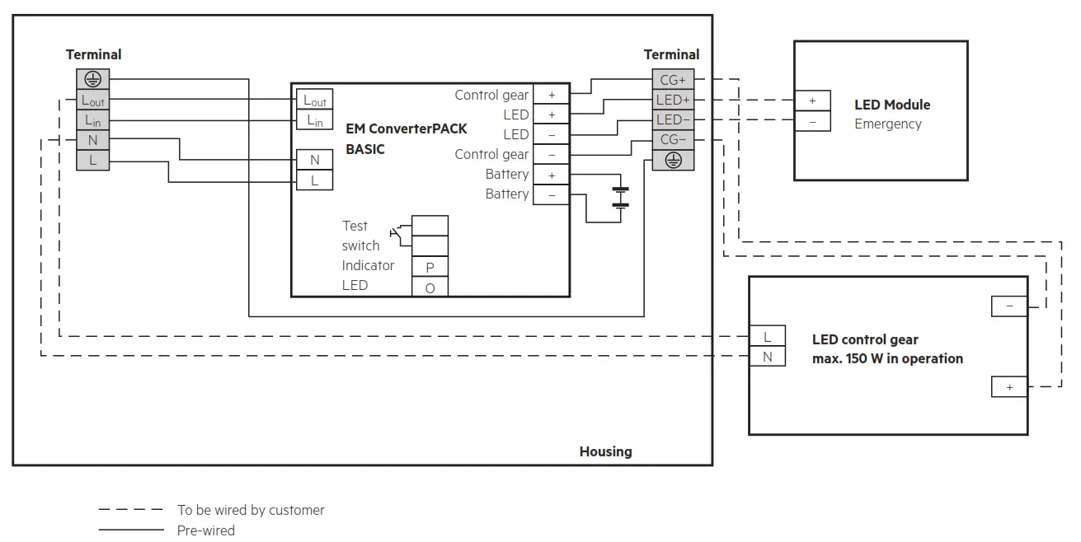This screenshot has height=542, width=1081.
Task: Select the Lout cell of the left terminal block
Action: point(92,100)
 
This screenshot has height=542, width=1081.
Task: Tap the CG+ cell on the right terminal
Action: point(673,80)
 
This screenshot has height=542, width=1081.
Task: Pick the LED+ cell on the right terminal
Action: point(673,100)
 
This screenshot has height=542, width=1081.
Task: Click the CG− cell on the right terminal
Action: point(673,140)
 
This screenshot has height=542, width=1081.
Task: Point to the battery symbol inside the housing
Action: point(620,198)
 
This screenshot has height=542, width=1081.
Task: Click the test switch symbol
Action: point(401,234)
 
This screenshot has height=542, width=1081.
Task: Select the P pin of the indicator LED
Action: point(430,267)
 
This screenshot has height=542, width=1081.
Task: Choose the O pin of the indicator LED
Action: point(430,287)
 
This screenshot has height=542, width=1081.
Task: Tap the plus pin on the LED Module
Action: point(812,100)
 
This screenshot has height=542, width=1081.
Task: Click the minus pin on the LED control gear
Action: point(1009,306)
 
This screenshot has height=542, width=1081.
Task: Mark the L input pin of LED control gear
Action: point(767,337)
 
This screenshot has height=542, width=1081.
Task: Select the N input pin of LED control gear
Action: point(767,357)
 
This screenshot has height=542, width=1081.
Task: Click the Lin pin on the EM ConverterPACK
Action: point(314,120)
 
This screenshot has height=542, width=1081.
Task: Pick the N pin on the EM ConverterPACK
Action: point(314,160)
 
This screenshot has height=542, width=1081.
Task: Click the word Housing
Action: point(605,451)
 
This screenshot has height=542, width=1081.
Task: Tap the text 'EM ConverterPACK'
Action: point(406,129)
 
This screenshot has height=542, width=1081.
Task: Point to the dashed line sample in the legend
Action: point(131,510)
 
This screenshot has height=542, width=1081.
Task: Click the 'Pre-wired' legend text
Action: point(205,530)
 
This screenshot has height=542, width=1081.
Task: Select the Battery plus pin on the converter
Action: point(551,175)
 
